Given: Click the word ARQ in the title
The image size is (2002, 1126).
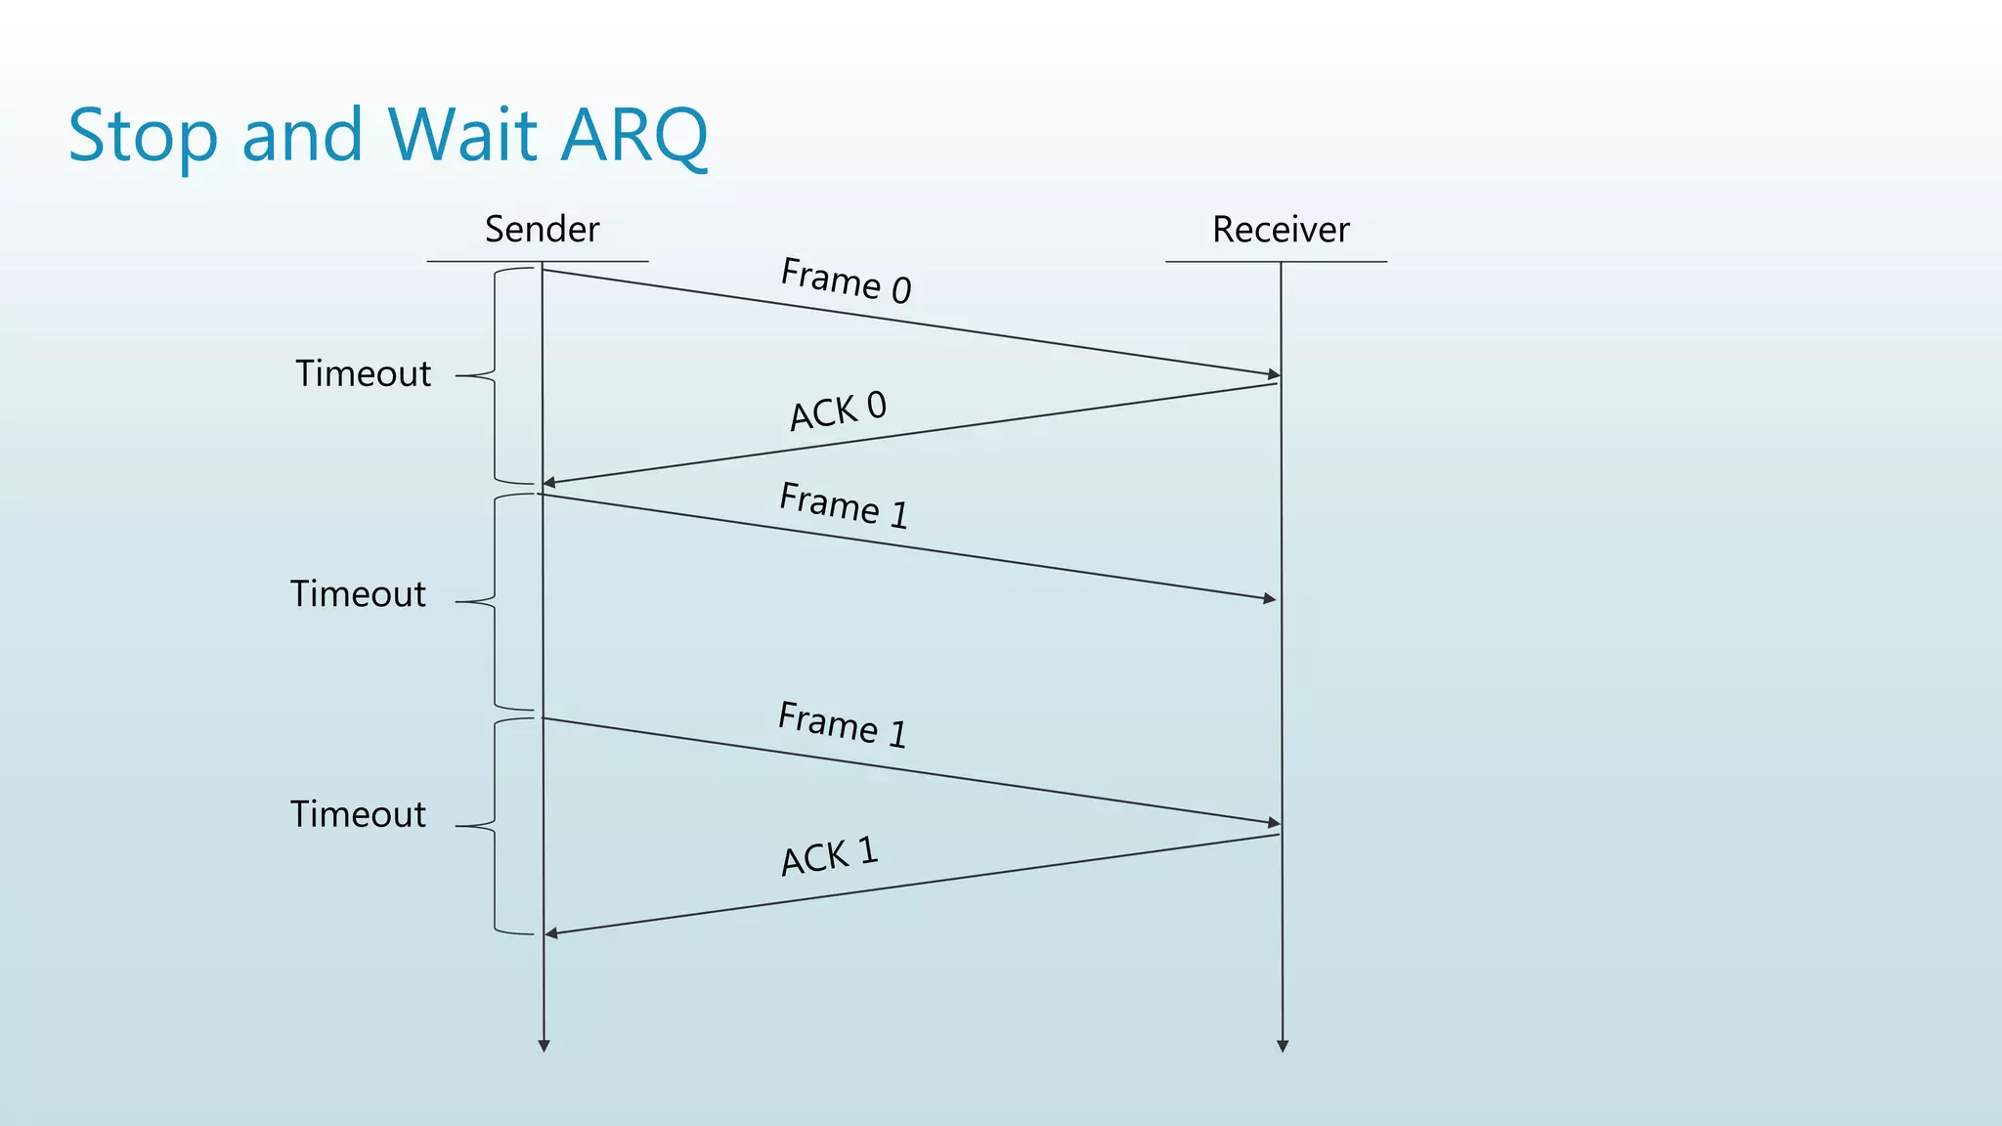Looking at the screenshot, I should click(634, 135).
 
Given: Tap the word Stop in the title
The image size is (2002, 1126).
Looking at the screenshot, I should click(143, 137).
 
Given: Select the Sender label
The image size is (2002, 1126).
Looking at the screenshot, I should click(542, 230).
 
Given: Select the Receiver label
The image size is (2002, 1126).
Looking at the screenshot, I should click(1281, 230).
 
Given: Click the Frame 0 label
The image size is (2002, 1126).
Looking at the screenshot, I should click(847, 281).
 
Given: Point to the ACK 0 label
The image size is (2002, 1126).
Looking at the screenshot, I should click(838, 411).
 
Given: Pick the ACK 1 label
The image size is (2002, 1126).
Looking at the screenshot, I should click(830, 856).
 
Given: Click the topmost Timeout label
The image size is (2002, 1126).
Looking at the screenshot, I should click(363, 374).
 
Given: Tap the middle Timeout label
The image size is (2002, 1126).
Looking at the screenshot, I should click(358, 594).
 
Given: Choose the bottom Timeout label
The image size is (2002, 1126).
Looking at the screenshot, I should click(358, 814).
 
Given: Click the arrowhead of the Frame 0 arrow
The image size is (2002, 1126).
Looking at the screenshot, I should click(1274, 374).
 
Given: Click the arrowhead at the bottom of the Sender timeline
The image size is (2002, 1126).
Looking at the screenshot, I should click(544, 1046).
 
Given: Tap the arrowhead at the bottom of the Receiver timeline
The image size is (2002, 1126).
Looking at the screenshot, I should click(1283, 1046).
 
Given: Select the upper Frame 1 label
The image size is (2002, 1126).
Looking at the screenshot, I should click(844, 505).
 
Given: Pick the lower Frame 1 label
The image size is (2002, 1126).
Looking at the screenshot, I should click(843, 725).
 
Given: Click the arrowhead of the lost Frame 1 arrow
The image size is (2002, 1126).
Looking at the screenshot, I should click(1270, 598).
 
